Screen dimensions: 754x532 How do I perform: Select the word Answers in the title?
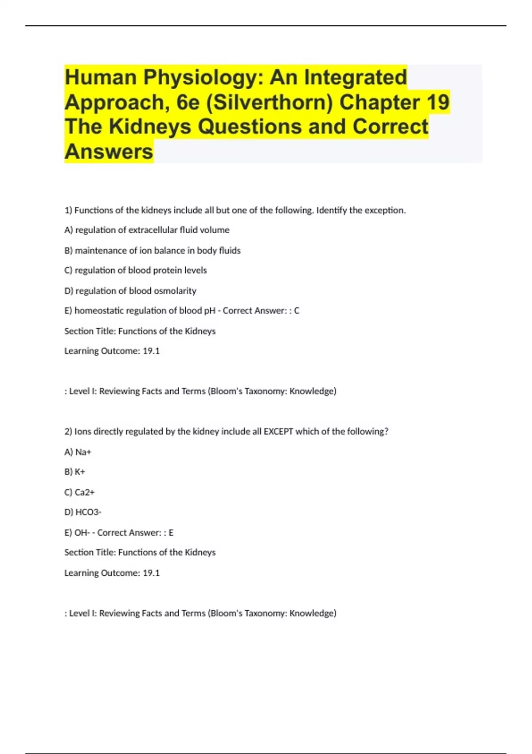pyautogui.click(x=109, y=151)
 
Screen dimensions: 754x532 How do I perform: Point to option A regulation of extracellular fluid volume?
pyautogui.click(x=147, y=230)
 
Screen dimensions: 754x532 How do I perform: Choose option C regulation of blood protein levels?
pyautogui.click(x=136, y=270)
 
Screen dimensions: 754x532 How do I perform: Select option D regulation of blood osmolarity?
pyautogui.click(x=130, y=291)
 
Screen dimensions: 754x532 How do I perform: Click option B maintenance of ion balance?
pyautogui.click(x=153, y=250)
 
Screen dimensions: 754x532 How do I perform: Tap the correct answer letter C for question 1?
pyautogui.click(x=297, y=310)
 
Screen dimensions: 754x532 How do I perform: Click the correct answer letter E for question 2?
pyautogui.click(x=171, y=532)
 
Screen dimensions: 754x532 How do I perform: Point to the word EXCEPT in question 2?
pyautogui.click(x=278, y=432)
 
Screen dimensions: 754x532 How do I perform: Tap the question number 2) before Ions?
pyautogui.click(x=68, y=432)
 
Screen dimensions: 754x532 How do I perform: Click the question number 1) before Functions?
pyautogui.click(x=68, y=210)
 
